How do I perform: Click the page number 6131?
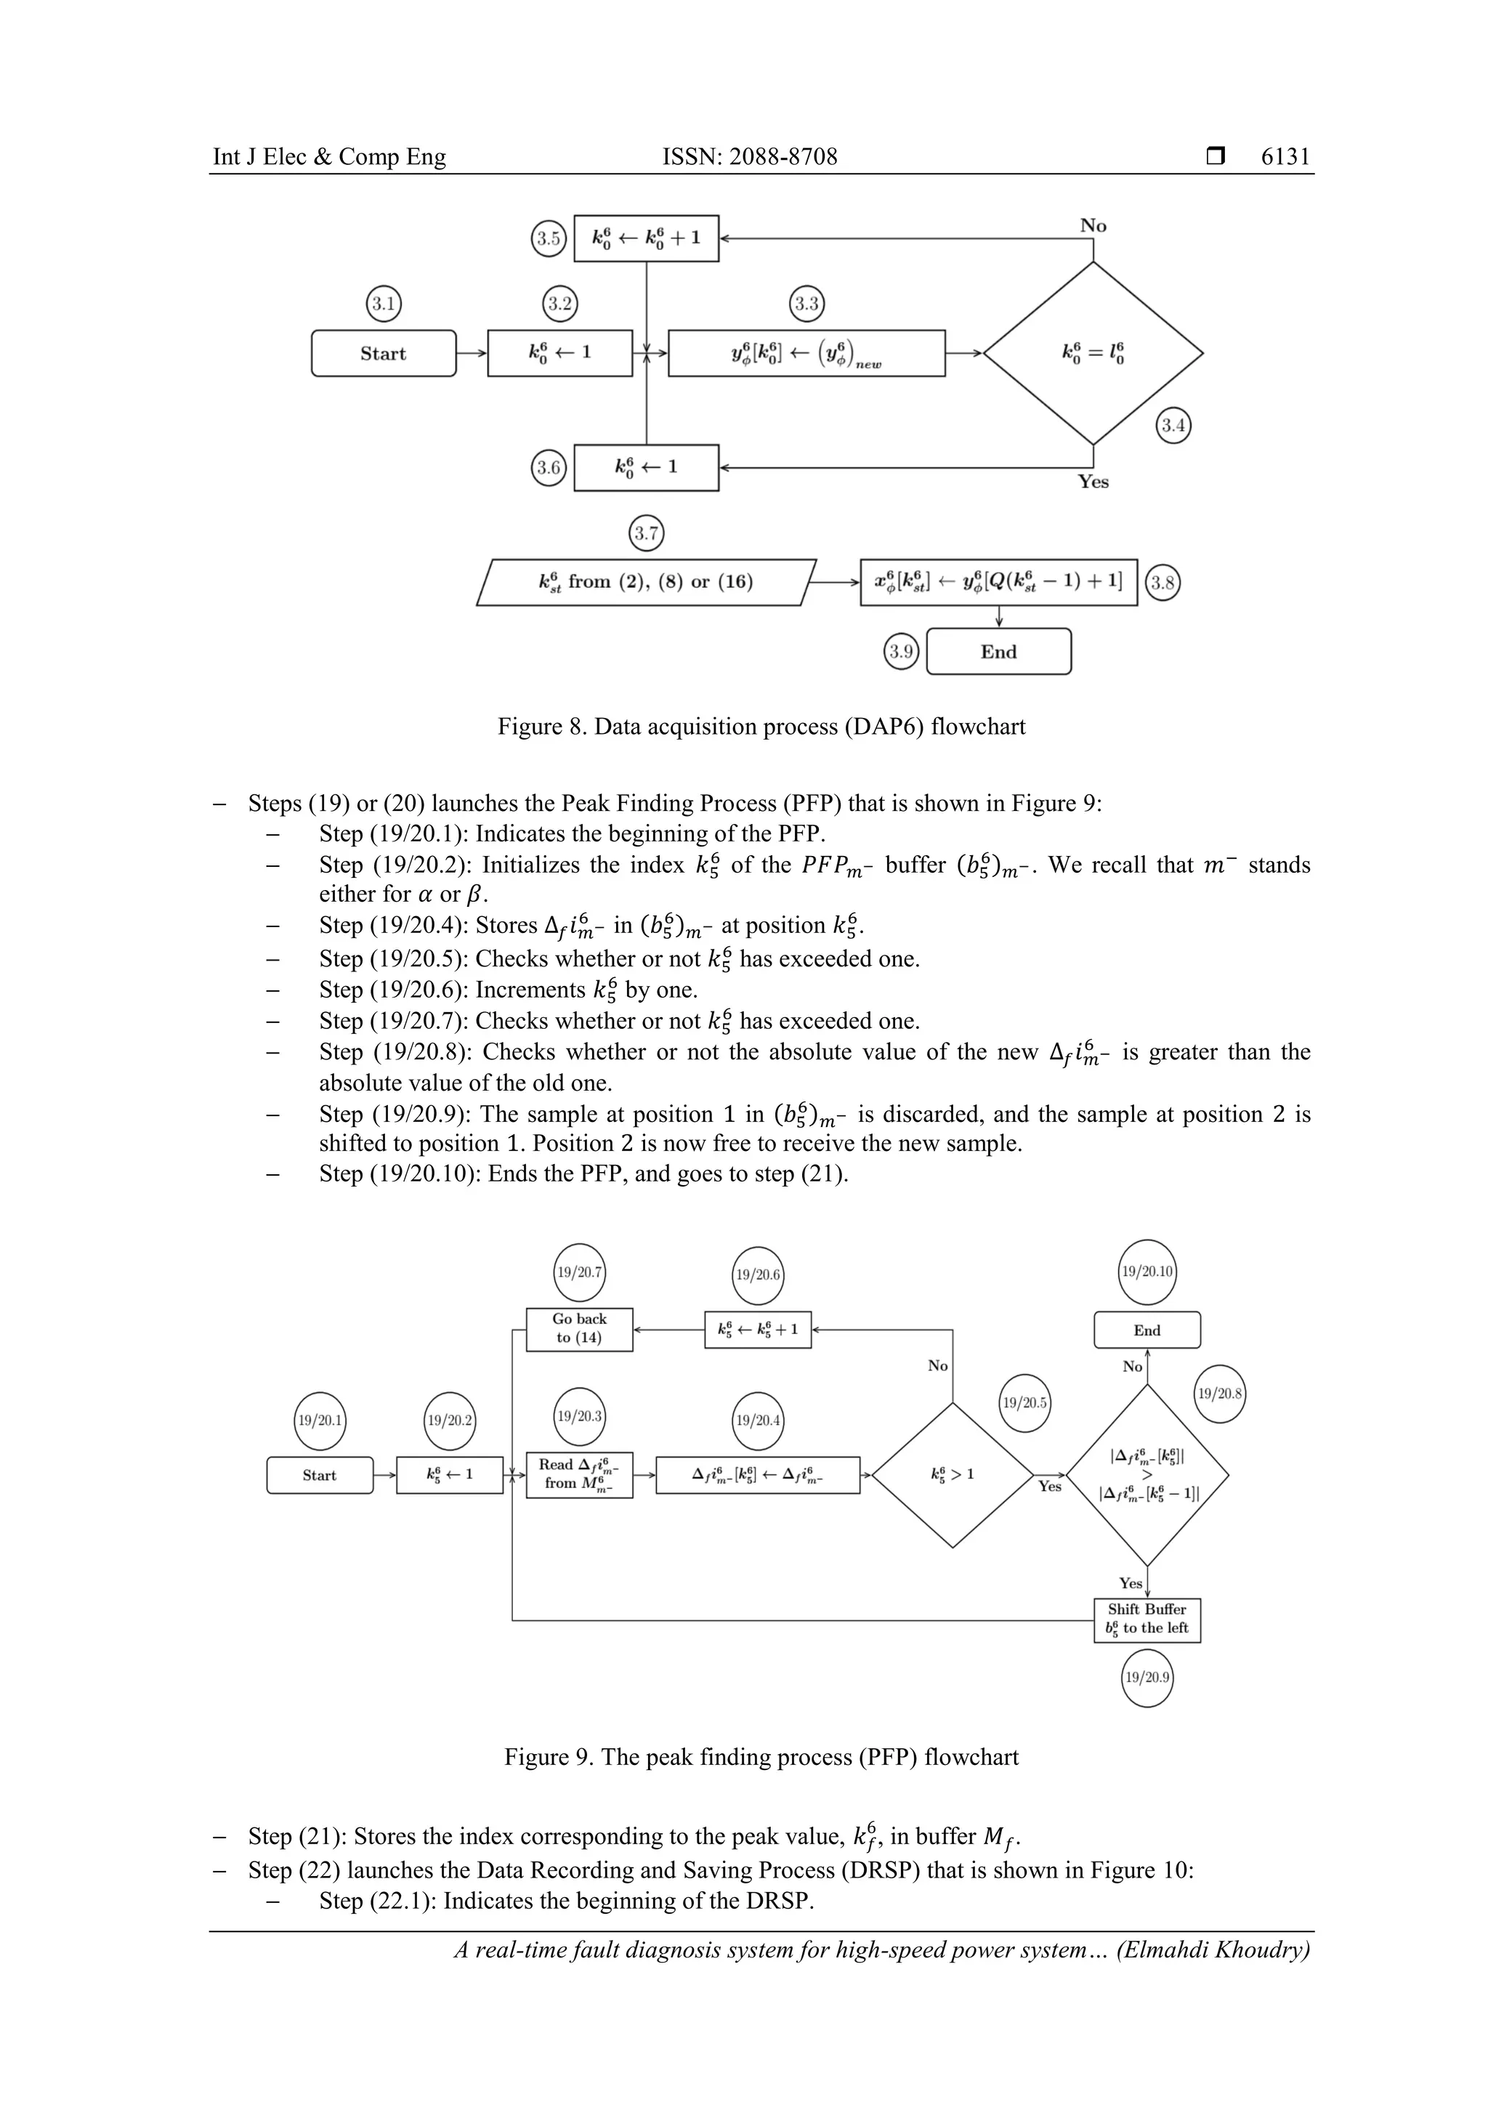1285,157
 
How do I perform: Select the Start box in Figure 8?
383,353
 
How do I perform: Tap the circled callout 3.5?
549,238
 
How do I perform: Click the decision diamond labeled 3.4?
1093,353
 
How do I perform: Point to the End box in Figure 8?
998,652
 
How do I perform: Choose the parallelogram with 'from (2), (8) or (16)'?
647,582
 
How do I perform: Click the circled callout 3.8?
1162,583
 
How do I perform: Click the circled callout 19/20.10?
1147,1272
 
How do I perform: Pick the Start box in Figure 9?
320,1475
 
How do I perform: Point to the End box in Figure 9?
1147,1330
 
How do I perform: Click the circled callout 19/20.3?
579,1416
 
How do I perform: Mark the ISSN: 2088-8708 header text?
750,157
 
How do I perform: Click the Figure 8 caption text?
761,727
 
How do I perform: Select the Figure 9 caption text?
761,1757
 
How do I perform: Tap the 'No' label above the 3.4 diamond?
1093,225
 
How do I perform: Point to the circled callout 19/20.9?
1147,1677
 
